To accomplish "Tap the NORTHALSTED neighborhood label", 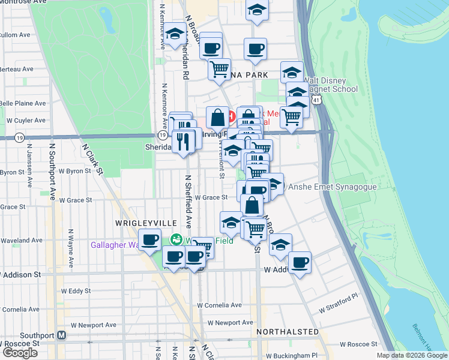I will [288, 331].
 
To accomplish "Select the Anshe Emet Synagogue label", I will [333, 187].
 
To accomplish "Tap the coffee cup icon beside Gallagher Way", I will [149, 239].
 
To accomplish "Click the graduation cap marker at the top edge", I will [257, 9].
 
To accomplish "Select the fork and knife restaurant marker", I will [184, 141].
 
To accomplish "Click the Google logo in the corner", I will [20, 353].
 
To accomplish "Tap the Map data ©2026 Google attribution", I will [411, 355].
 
